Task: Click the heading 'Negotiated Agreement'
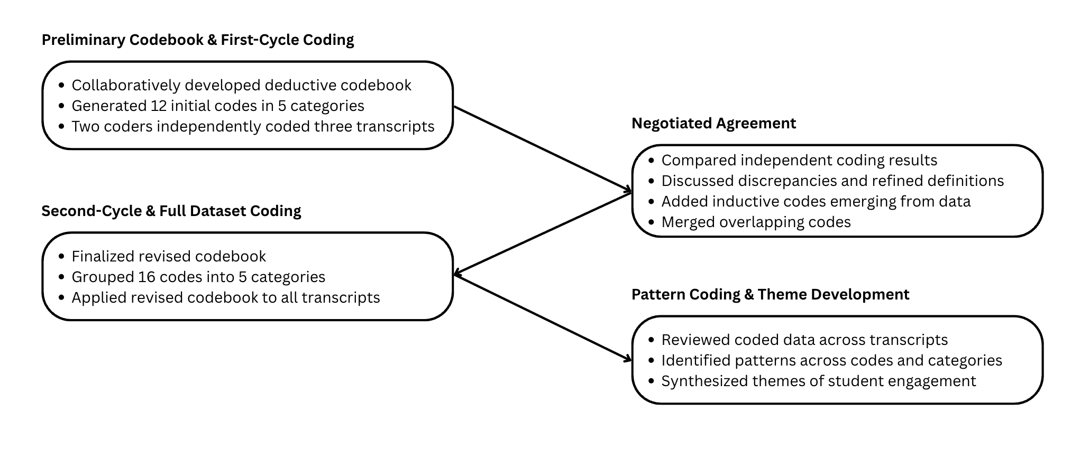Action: [713, 124]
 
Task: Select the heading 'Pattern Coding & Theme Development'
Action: [770, 295]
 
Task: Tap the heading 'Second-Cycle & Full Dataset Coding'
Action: [171, 211]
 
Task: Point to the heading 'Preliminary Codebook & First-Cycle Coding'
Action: [198, 40]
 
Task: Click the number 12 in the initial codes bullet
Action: [159, 106]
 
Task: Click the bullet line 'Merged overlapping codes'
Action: [756, 222]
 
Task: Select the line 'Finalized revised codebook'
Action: [169, 256]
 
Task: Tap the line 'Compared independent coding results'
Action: [799, 160]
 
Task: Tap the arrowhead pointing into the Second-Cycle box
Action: [458, 274]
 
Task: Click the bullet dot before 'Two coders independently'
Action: [62, 127]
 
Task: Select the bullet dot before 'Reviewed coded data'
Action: [652, 340]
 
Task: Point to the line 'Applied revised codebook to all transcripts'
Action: [226, 297]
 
